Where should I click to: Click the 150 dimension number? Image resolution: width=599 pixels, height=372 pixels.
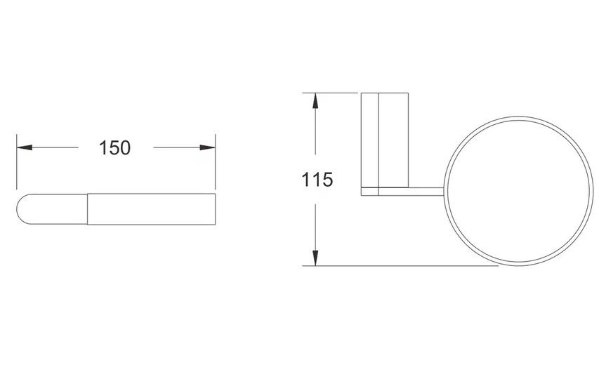point(114,148)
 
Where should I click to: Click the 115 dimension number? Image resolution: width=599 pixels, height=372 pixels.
point(317,180)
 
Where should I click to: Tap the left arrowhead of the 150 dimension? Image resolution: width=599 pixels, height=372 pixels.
point(25,147)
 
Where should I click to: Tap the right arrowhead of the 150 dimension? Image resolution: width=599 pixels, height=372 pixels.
point(207,147)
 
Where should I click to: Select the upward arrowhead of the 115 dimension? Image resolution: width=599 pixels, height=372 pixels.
point(315,101)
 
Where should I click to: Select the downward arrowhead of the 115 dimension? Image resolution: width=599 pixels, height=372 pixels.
point(315,258)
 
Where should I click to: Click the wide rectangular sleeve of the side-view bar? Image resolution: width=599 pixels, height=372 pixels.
point(151,209)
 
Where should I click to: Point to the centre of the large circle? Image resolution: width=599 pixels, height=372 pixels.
point(518,191)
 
